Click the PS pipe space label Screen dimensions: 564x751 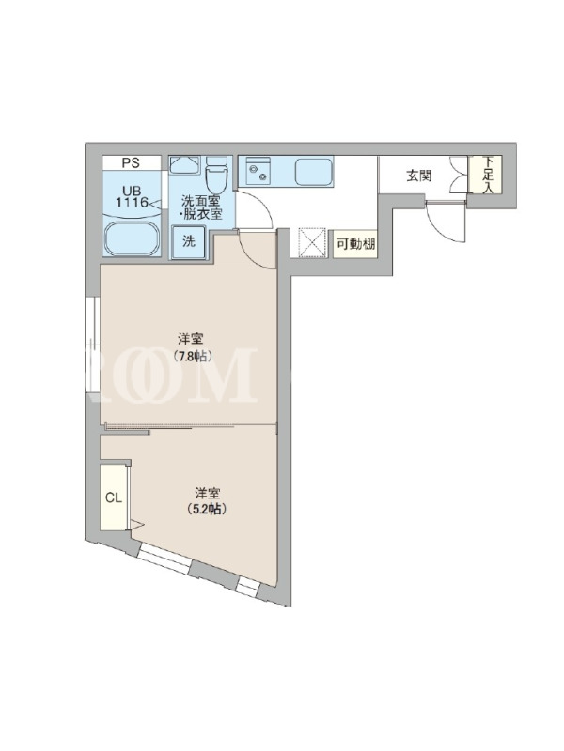click(131, 162)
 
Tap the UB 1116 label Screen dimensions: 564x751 click(132, 197)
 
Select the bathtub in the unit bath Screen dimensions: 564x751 click(132, 238)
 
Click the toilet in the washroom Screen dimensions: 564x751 click(215, 175)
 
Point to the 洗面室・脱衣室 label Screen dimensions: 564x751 click(201, 207)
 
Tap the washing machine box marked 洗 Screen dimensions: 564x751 click(189, 242)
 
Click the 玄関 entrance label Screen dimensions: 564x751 click(418, 176)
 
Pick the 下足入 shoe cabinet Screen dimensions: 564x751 click(485, 175)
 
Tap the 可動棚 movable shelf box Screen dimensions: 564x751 click(355, 244)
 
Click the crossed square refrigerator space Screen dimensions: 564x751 click(312, 243)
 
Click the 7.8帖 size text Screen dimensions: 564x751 click(193, 357)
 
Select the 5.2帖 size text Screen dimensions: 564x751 click(207, 509)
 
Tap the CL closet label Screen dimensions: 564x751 click(114, 498)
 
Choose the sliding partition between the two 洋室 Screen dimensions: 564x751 click(191, 425)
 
